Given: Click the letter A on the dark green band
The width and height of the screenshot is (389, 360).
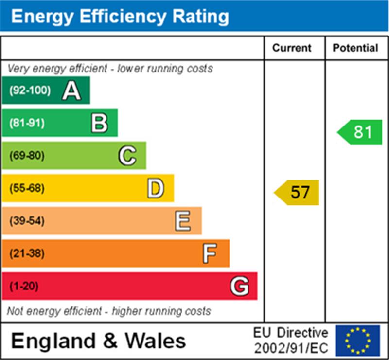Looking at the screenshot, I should pyautogui.click(x=71, y=90).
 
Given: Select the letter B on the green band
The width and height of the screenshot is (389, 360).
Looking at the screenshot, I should pyautogui.click(x=99, y=123).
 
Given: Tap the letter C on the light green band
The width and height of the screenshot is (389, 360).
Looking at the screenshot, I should pyautogui.click(x=127, y=156).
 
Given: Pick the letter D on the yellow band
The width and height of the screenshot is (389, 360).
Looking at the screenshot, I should pyautogui.click(x=156, y=188).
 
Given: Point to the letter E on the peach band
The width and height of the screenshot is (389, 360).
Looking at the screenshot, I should pyautogui.click(x=183, y=221).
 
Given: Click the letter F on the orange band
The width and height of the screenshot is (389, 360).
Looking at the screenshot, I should pyautogui.click(x=210, y=253).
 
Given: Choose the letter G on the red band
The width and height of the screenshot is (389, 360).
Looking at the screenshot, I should pyautogui.click(x=239, y=286).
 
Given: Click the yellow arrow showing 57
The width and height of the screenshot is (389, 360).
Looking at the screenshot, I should pyautogui.click(x=297, y=192).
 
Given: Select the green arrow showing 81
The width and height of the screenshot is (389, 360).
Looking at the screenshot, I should pyautogui.click(x=360, y=132).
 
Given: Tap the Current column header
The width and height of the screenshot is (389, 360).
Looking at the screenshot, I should pyautogui.click(x=292, y=48).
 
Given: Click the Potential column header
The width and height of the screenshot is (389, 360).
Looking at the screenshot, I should pyautogui.click(x=355, y=48).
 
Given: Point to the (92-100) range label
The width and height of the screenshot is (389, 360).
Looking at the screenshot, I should pyautogui.click(x=30, y=90).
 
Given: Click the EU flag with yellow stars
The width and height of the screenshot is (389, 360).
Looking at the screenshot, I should pyautogui.click(x=357, y=341).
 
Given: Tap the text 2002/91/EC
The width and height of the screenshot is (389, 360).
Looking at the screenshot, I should pyautogui.click(x=291, y=348).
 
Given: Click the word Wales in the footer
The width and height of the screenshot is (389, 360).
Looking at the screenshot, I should pyautogui.click(x=157, y=341).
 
